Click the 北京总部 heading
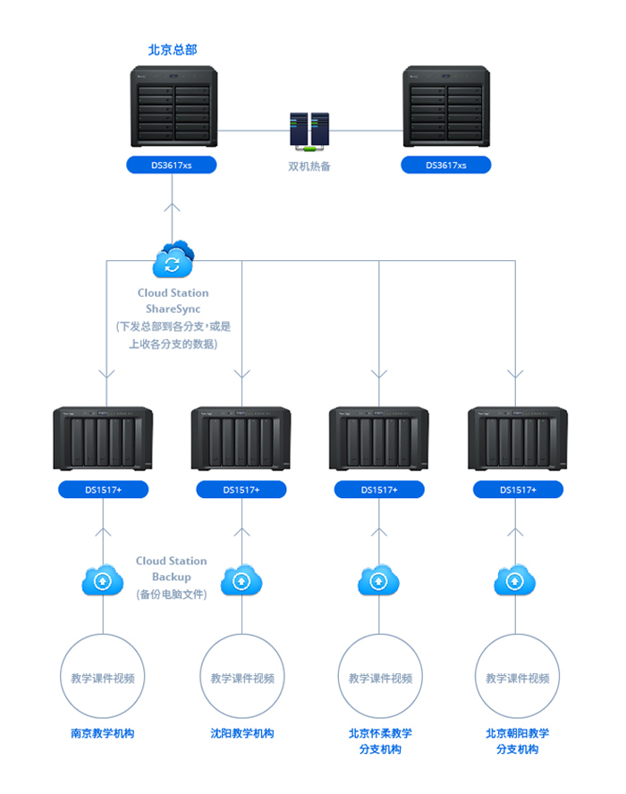(172, 50)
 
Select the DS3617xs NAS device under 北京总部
(173, 106)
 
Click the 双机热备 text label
(309, 166)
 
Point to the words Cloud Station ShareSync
(173, 300)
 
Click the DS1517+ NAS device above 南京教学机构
(103, 438)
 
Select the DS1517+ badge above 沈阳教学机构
(241, 489)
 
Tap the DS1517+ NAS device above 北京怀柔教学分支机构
(379, 438)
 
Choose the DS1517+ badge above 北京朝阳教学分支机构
(518, 489)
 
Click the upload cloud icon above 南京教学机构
(103, 581)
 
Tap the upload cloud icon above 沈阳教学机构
(241, 581)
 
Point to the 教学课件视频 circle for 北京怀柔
(380, 678)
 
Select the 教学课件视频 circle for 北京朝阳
(518, 678)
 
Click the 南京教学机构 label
(103, 733)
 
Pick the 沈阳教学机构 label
(241, 733)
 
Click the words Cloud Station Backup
(171, 569)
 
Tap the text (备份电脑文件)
(171, 594)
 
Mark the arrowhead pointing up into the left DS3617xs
(173, 207)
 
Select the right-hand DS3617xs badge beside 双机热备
(445, 165)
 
